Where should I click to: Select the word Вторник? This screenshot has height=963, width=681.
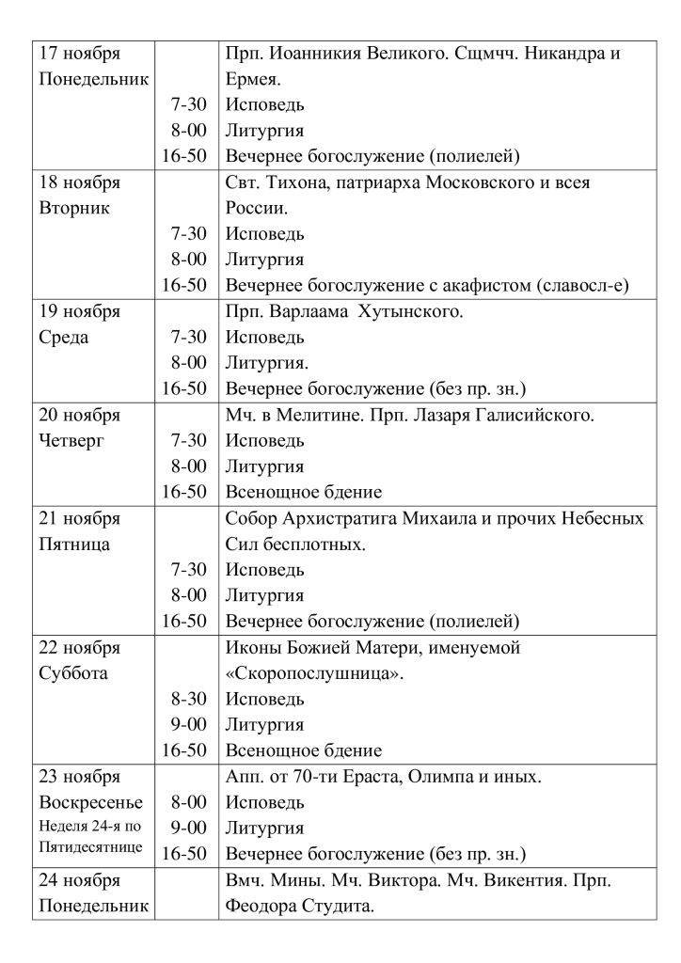pos(74,208)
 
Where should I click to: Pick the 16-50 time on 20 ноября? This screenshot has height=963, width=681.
pos(184,491)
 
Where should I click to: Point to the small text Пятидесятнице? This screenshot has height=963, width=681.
pos(91,846)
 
